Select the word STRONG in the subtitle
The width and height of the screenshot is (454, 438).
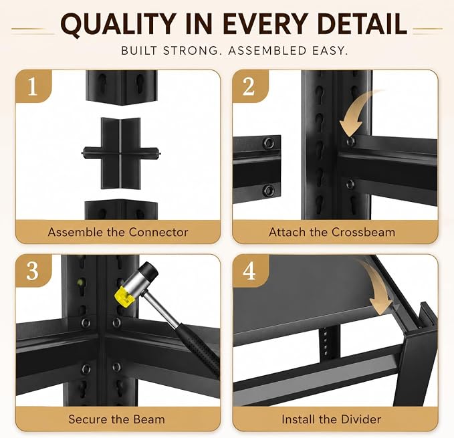191,51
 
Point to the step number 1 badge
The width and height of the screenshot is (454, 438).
33,86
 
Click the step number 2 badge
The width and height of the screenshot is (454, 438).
249,86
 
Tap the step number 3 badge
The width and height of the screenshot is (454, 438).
33,271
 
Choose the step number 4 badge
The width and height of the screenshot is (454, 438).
249,271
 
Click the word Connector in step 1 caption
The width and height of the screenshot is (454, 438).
158,232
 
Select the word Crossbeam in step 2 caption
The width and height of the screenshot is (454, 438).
363,232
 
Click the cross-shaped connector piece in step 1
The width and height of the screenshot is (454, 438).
121,153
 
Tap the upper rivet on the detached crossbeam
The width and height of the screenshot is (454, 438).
269,142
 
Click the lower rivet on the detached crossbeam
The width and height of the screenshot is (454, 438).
268,190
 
